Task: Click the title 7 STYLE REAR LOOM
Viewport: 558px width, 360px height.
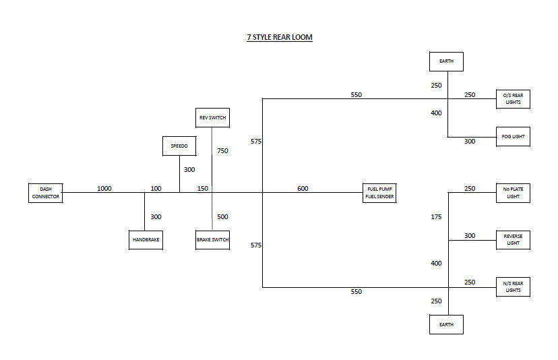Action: pos(279,37)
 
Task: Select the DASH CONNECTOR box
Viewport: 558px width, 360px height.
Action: pos(45,193)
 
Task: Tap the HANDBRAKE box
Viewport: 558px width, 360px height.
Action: pos(146,239)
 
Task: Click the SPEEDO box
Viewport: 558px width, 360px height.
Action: pos(179,146)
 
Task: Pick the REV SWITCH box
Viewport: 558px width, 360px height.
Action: pos(212,117)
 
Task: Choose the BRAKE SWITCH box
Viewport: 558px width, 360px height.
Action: pos(212,239)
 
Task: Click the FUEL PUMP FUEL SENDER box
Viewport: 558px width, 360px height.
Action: pos(379,193)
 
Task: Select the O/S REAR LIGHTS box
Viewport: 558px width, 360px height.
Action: pos(513,99)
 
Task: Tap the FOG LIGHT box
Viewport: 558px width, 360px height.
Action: pos(513,136)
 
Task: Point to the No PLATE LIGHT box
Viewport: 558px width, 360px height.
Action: pos(513,193)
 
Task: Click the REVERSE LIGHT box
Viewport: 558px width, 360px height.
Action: pos(513,239)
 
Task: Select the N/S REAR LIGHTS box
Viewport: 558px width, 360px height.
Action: pos(513,287)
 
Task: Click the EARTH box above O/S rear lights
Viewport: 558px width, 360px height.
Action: pos(446,61)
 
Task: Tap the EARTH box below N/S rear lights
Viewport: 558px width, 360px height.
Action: pos(446,324)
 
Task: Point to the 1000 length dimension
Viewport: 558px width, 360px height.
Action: pos(104,189)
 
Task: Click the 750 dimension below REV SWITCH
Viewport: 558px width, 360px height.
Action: pos(222,151)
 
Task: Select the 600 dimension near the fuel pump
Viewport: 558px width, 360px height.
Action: pos(303,189)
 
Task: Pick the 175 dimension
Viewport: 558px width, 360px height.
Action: pos(436,217)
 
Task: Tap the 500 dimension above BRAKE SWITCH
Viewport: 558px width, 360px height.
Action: pos(222,217)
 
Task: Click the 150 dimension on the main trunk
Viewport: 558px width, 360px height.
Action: pos(203,189)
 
